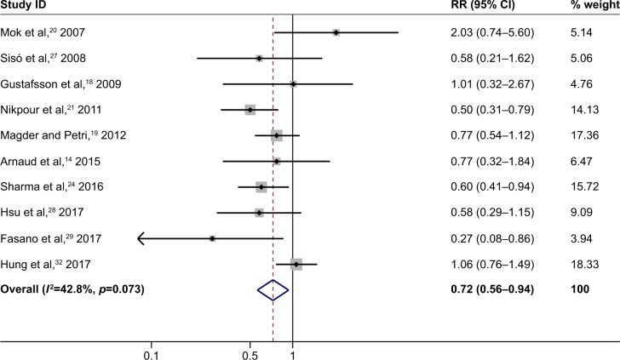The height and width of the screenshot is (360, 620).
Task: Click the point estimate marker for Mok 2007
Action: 336,32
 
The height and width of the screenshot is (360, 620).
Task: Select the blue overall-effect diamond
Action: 273,290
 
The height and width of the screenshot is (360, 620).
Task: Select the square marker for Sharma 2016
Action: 261,187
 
